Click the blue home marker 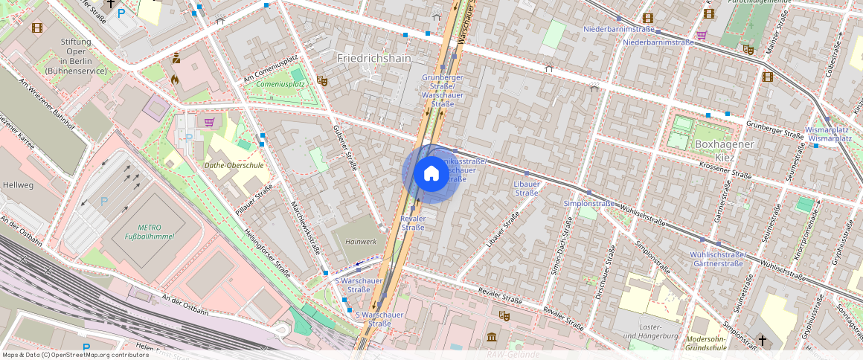(431, 174)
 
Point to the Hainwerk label (361, 242)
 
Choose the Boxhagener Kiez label (723, 151)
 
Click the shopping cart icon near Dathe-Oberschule (209, 122)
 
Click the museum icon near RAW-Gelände (492, 338)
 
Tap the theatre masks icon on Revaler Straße (504, 316)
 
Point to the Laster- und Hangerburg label (639, 332)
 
